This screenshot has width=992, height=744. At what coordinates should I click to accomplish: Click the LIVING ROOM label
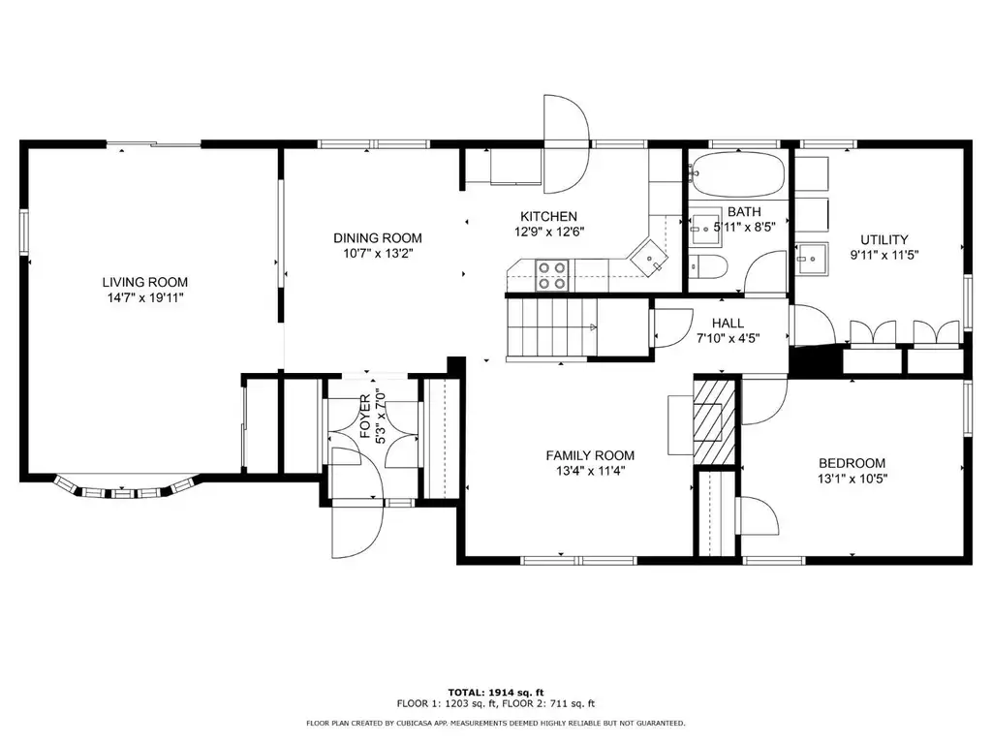tap(145, 282)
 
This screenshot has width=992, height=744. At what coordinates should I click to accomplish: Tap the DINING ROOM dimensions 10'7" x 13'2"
tap(378, 254)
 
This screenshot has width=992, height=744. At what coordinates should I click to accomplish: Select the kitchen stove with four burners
tap(551, 276)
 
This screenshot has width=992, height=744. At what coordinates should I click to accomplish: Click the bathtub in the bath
tap(737, 174)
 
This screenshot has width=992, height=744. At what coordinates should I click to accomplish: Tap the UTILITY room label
tap(883, 240)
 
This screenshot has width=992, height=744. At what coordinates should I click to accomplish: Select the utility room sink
tap(812, 259)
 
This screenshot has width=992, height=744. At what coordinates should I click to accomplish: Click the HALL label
tap(728, 324)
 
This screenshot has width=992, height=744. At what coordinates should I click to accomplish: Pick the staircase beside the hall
tap(552, 327)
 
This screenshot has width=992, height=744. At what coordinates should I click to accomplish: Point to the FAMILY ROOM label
tap(590, 455)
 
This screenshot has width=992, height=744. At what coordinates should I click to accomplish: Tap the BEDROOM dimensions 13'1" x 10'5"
tap(852, 479)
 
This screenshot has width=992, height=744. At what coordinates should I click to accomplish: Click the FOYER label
tap(365, 417)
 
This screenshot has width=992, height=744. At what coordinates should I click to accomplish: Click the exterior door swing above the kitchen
tap(567, 144)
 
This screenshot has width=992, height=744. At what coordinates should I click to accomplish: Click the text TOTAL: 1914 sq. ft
tap(496, 692)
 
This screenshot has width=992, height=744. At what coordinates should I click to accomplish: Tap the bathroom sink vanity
tap(705, 226)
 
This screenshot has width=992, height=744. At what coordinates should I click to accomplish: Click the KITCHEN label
tap(548, 216)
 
